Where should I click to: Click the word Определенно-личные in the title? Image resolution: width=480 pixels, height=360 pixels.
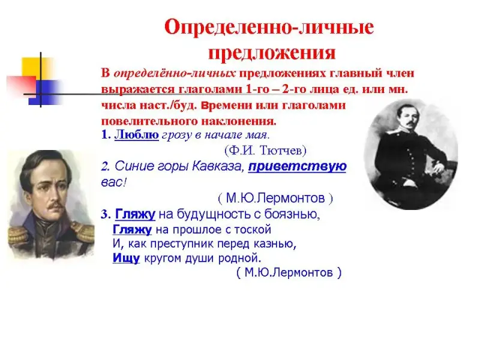269,27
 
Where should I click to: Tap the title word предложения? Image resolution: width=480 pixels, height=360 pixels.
272,52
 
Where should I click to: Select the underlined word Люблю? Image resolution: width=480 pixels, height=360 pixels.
137,134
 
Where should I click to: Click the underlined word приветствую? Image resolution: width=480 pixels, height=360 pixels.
297,167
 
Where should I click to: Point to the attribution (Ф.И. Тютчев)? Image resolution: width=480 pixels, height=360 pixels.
265,151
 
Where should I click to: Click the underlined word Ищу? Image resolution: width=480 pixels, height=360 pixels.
126,258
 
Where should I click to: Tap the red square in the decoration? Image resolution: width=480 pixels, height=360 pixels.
22,87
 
